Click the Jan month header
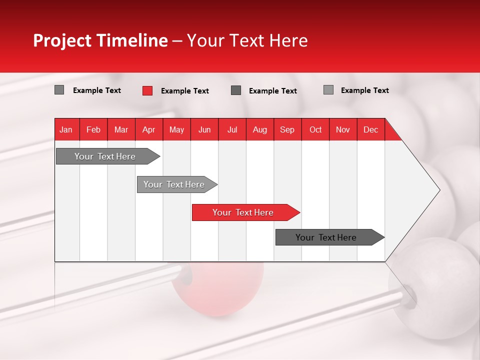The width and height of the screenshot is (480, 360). (x=66, y=129)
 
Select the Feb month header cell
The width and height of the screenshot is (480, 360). (x=93, y=129)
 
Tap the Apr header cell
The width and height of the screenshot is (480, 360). (x=148, y=129)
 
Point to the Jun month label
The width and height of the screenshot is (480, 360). (x=204, y=129)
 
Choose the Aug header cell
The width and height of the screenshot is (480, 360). (x=259, y=129)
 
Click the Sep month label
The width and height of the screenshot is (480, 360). (x=287, y=129)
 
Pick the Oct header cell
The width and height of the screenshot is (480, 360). (x=315, y=129)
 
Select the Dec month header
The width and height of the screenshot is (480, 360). (x=370, y=129)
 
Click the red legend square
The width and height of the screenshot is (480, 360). (x=147, y=90)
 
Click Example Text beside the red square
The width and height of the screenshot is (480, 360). (x=185, y=91)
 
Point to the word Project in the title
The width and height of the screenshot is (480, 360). (x=62, y=40)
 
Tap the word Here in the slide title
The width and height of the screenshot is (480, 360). (x=288, y=40)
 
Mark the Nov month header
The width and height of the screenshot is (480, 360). (x=343, y=129)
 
